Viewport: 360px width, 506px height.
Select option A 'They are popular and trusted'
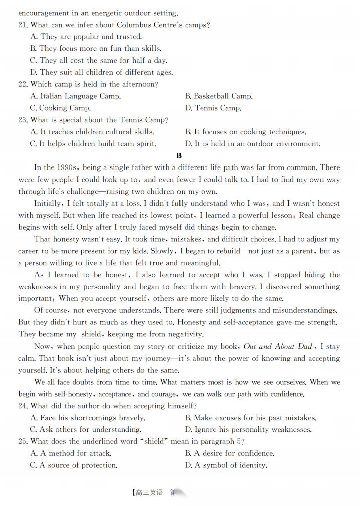(86, 36)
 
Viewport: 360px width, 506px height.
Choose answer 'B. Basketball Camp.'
(218, 96)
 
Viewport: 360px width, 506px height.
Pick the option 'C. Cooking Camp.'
(60, 108)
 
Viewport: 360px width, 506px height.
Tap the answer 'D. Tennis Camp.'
(213, 108)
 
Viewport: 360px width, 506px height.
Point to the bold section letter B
(179, 156)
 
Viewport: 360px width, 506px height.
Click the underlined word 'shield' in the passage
(91, 334)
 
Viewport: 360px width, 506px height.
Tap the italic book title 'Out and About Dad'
(278, 346)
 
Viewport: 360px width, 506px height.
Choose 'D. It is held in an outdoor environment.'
(252, 144)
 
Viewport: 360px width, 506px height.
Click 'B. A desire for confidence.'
(229, 453)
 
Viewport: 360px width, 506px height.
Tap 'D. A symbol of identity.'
(225, 465)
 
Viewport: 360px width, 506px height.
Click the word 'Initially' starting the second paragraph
(48, 203)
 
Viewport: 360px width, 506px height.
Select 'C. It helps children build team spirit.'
(93, 144)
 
